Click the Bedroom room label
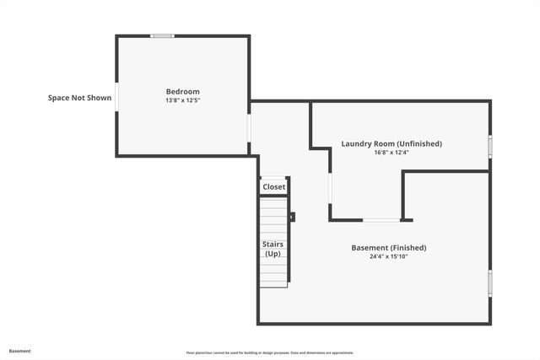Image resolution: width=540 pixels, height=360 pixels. tap(182, 91)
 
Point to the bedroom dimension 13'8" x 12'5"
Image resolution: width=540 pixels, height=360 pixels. tap(182, 100)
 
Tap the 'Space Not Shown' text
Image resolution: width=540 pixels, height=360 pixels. tap(79, 98)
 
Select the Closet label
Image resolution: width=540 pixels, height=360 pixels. tap(274, 187)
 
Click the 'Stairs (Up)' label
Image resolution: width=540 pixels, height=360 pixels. tap(273, 249)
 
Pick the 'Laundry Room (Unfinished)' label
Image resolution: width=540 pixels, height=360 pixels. tap(391, 143)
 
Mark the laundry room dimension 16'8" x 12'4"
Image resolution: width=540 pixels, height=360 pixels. tap(391, 153)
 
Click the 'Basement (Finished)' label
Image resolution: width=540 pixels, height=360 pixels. tap(388, 248)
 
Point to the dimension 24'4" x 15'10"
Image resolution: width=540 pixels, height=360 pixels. tap(388, 256)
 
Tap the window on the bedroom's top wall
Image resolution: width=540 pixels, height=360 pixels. tap(162, 36)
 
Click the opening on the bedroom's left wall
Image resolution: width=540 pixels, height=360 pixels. tap(116, 96)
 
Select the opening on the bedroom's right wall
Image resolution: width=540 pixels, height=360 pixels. tap(250, 127)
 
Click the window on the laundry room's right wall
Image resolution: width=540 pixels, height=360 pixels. tap(489, 145)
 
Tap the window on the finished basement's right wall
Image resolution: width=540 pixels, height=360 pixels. tap(489, 282)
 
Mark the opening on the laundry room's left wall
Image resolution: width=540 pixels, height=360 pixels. tap(330, 190)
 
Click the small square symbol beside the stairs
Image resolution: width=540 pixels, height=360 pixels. tap(293, 217)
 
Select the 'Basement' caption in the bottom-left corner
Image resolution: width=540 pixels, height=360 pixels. tap(20, 351)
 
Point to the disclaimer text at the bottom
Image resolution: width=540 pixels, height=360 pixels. tap(270, 352)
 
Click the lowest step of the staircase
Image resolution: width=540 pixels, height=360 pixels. tap(274, 282)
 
